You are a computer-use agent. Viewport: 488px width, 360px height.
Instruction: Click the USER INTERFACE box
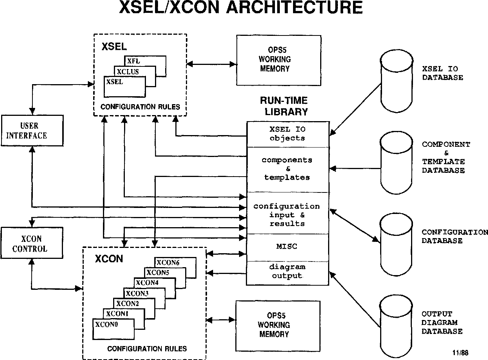[32, 131]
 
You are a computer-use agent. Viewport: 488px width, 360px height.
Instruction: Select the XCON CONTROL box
[32, 243]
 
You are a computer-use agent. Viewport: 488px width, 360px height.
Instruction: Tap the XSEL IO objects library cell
[287, 134]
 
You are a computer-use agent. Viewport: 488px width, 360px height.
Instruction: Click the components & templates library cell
[287, 169]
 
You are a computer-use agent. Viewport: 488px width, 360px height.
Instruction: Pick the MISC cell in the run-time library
[287, 247]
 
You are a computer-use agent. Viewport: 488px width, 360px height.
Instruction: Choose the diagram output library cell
[287, 272]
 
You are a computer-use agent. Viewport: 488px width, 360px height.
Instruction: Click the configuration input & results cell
[287, 214]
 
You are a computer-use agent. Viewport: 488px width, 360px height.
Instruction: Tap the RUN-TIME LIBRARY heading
[284, 106]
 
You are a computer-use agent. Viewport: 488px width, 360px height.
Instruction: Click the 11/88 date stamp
[460, 353]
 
